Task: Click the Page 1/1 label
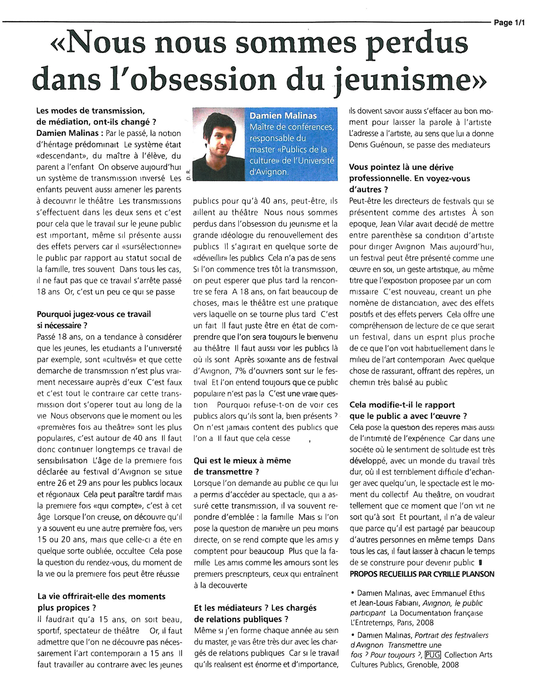[x=509, y=23]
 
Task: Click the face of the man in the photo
[x=219, y=140]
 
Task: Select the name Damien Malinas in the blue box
[x=283, y=116]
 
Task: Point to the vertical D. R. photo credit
[x=188, y=175]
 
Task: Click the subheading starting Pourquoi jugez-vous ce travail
[x=94, y=314]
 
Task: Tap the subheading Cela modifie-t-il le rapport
[x=402, y=405]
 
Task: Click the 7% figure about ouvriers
[x=241, y=371]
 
